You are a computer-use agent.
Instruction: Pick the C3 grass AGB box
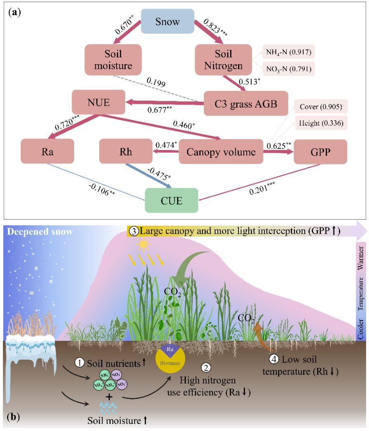(240, 103)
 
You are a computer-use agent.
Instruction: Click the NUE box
(98, 103)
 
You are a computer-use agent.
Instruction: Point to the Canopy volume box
(220, 151)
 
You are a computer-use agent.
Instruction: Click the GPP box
(320, 151)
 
